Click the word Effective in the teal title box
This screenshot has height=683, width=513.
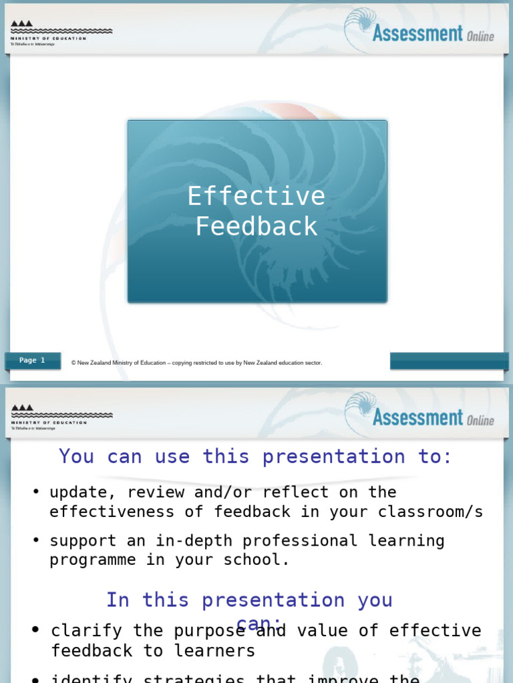click(x=256, y=196)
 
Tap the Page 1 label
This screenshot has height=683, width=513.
click(x=32, y=361)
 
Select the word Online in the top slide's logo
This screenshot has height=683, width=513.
click(x=480, y=36)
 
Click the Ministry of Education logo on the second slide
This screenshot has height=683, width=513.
click(x=60, y=417)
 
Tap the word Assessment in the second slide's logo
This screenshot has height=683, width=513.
click(x=417, y=418)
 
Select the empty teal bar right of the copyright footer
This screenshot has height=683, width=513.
click(x=449, y=361)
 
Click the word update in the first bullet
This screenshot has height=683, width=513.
click(x=77, y=492)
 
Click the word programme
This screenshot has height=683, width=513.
click(x=92, y=560)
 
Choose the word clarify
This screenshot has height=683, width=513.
click(x=86, y=631)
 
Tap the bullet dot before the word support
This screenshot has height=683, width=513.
click(x=36, y=541)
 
